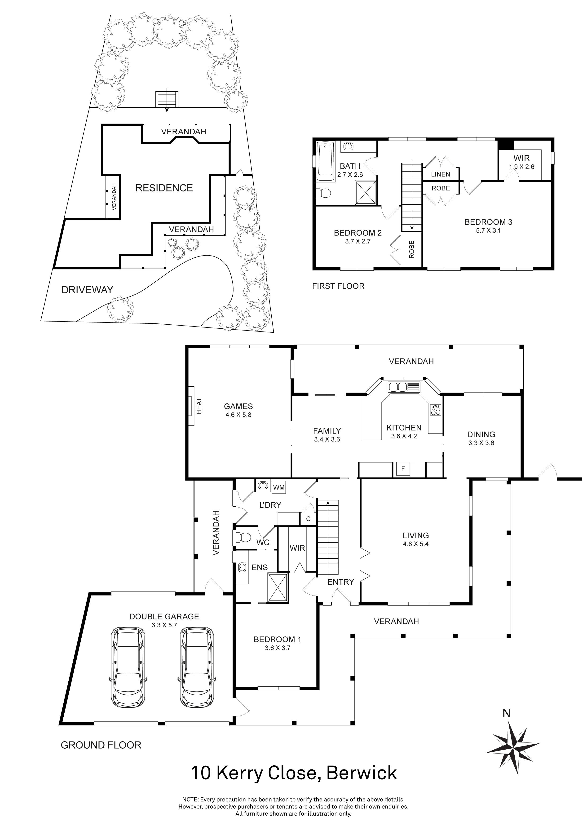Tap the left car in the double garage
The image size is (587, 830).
coord(128,672)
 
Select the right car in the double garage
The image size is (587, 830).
coord(197,672)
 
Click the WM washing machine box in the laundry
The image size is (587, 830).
coord(279,487)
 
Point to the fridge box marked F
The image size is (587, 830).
coord(403,469)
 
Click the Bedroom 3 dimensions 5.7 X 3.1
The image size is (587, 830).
coord(488,231)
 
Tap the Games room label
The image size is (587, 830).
coord(238,406)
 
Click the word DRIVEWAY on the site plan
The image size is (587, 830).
coord(87,290)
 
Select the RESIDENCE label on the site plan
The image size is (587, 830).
coord(164,188)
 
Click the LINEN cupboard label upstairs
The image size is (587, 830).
coord(441,174)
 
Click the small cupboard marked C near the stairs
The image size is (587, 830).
coord(308,519)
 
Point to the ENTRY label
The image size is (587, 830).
coord(340,582)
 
